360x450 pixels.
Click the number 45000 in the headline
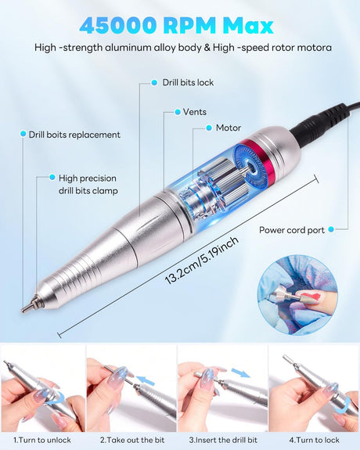coord(118,26)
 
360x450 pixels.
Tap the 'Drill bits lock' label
coord(188,83)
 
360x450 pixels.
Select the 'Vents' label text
coord(195,112)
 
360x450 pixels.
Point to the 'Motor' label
coord(229,128)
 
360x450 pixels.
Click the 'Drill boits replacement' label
coord(74,135)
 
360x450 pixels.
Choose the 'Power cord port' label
coord(292,230)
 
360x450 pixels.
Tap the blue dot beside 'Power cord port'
coord(331,229)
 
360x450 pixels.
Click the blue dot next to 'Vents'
coord(178,112)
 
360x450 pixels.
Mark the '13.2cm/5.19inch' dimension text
coord(202,261)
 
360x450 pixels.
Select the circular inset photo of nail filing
coord(297,296)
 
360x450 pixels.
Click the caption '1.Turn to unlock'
coord(42,440)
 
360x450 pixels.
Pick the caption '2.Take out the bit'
coord(132,440)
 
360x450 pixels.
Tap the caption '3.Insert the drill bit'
coord(223,440)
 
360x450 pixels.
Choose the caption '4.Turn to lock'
coord(314,440)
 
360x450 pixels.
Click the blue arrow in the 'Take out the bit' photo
coord(146,380)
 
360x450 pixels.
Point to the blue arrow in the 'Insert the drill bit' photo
coord(240,373)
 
